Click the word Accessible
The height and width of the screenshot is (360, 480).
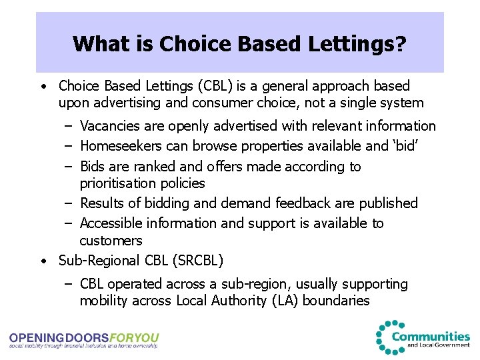111,223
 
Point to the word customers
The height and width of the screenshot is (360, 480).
111,240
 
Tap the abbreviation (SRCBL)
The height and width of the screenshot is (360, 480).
198,261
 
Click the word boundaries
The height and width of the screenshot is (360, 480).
336,301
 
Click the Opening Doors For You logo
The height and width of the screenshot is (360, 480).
84,340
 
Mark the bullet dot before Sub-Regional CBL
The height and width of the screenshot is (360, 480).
42,261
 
